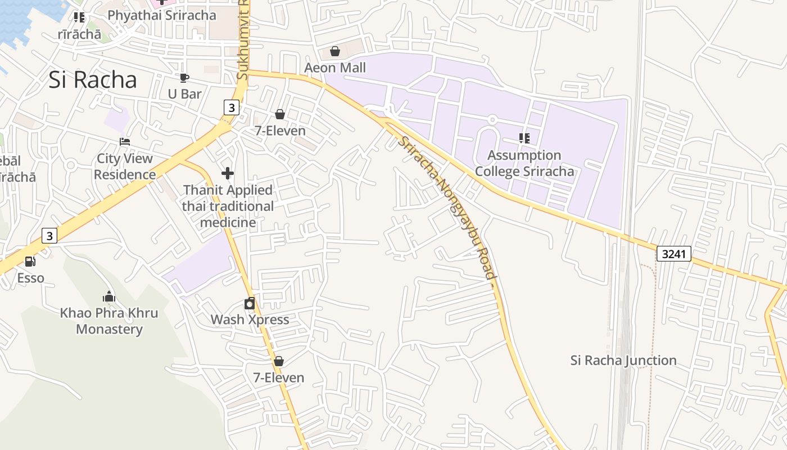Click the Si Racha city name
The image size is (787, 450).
coord(93,80)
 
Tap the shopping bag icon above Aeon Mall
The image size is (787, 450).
coord(335,52)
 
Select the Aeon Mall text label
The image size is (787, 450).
coord(335,68)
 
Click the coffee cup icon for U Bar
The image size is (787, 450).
coord(184,78)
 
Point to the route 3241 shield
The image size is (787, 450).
coord(673,254)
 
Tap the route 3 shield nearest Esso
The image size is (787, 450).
coord(49,236)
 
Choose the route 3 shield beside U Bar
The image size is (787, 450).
coord(231,107)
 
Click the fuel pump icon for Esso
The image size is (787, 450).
coord(30,262)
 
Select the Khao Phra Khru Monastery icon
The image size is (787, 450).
coord(109,296)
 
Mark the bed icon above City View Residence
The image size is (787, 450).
coord(125,142)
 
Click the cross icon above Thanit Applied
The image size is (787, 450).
coord(228,173)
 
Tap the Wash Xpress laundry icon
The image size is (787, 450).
coord(250,304)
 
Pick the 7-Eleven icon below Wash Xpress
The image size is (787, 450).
coord(279,361)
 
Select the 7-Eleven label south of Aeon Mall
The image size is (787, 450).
coord(280,131)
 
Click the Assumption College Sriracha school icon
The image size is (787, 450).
coord(524,138)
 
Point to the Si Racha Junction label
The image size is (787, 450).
coord(623,361)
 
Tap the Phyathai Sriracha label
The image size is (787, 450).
coord(162,15)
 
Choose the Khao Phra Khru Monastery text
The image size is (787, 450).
coord(109,321)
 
